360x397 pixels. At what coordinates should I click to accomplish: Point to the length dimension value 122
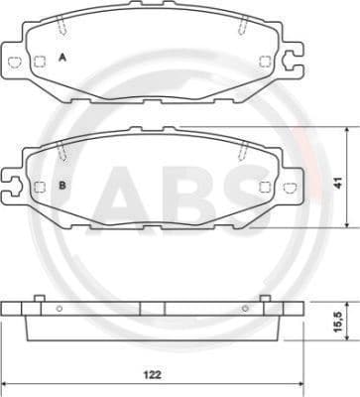click(x=150, y=376)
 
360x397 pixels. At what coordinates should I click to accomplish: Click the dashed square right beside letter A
click(x=40, y=62)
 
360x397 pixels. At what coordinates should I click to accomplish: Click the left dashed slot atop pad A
click(x=60, y=29)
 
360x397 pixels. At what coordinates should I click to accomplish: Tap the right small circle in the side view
click(x=241, y=309)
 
